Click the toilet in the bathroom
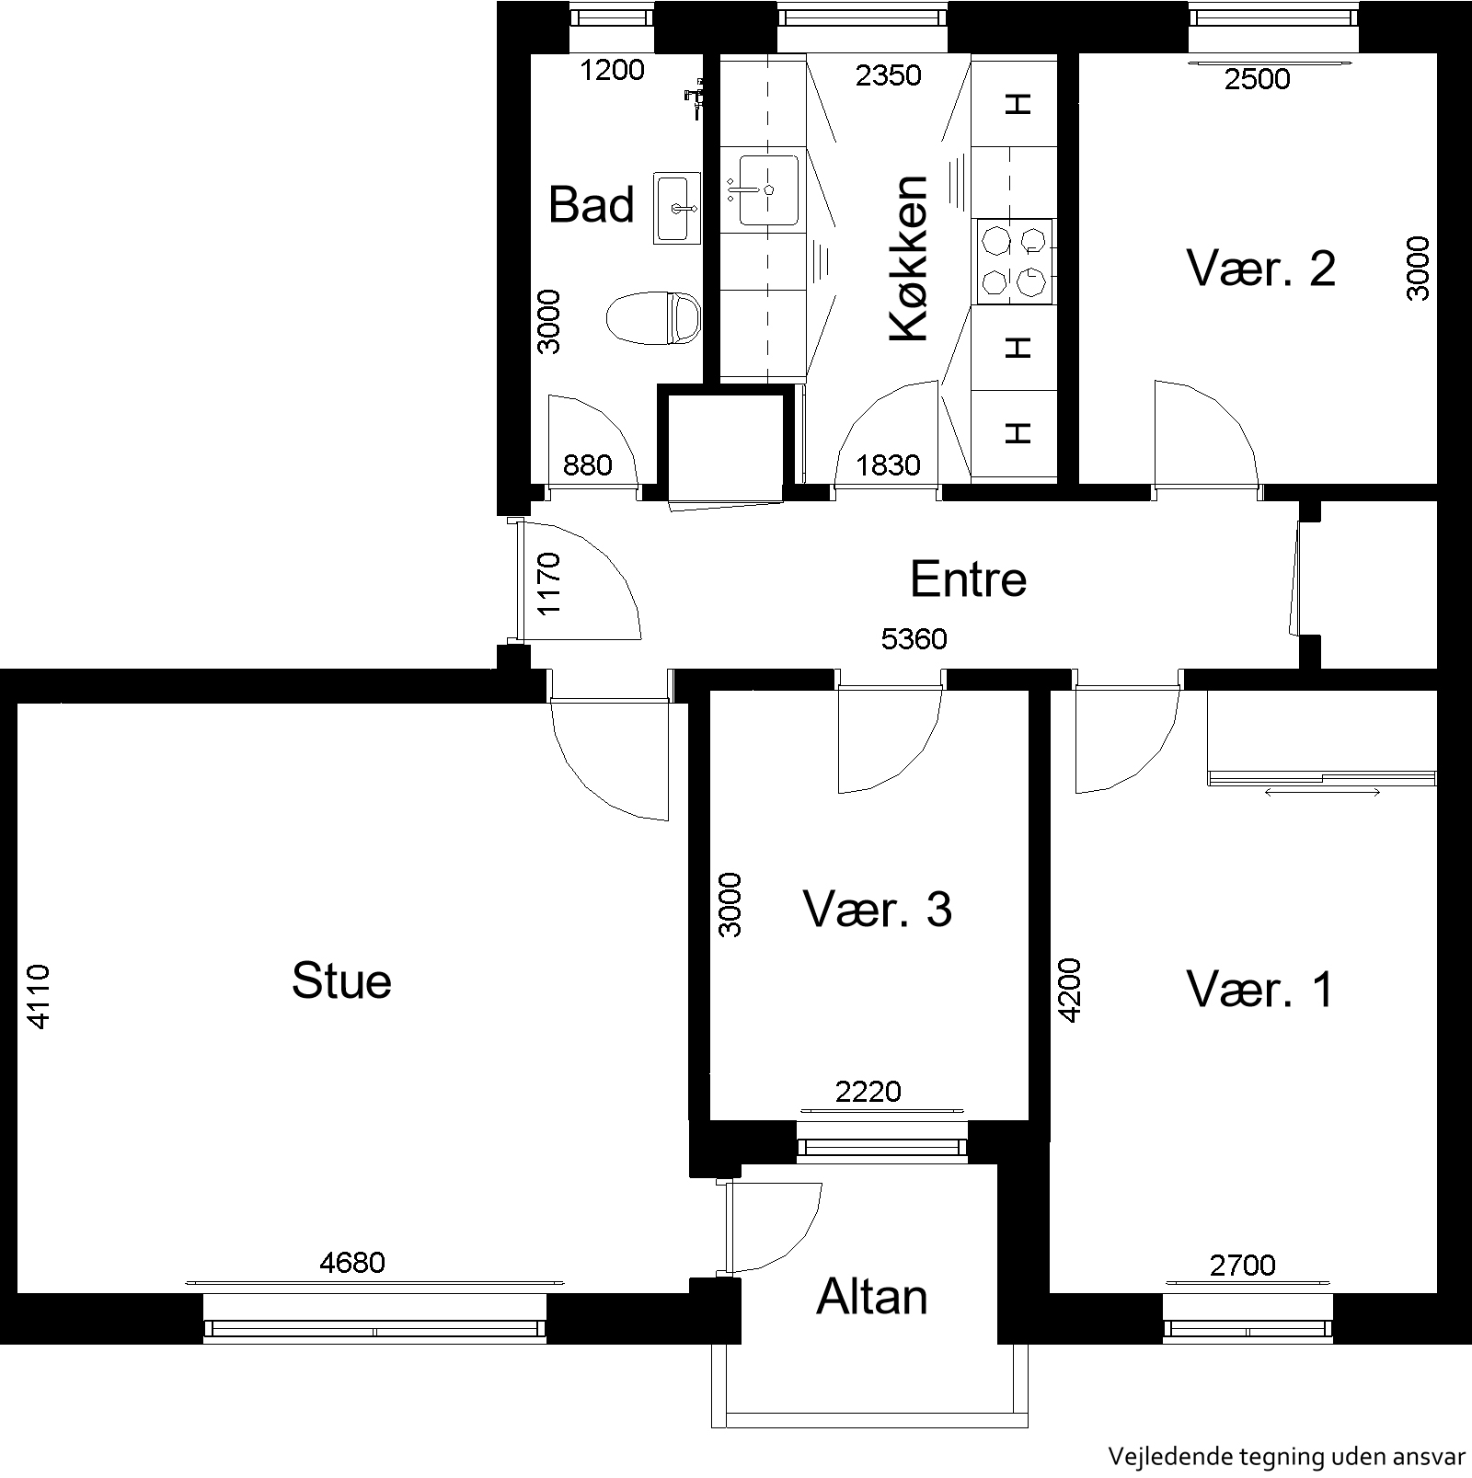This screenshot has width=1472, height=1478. [x=654, y=318]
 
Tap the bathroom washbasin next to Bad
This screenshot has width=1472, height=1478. [x=677, y=208]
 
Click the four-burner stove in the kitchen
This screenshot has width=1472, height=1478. [x=1015, y=261]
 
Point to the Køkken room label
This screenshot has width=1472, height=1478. [x=910, y=258]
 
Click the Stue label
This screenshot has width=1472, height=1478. [x=341, y=980]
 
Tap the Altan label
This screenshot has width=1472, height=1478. [x=871, y=1297]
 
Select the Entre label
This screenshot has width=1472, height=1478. [x=968, y=579]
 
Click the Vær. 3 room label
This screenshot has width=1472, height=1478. [x=878, y=909]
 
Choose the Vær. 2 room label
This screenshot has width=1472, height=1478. [x=1260, y=269]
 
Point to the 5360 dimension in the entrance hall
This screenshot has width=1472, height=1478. [x=914, y=638]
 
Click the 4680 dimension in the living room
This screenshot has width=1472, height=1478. [x=351, y=1262]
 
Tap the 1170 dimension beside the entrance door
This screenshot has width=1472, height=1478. [x=548, y=583]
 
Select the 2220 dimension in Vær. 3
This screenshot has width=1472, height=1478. [x=868, y=1092]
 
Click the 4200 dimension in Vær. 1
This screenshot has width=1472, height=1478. [x=1070, y=991]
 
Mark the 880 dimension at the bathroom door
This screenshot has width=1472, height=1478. [x=587, y=465]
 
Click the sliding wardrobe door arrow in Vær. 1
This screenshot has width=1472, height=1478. [x=1323, y=792]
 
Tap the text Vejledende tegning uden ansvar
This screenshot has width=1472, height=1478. [x=1285, y=1456]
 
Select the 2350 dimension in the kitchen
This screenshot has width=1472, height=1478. [x=888, y=74]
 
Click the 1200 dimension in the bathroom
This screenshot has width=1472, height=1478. [x=612, y=70]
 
